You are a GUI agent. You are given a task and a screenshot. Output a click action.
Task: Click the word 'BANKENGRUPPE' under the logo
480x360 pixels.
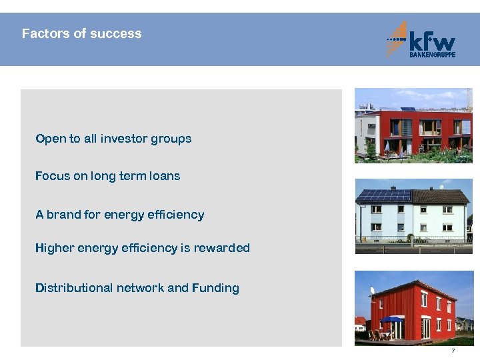(x=431, y=55)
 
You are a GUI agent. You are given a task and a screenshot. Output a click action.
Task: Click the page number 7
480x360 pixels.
(x=453, y=351)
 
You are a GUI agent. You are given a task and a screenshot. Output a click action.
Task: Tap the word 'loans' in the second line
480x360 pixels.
(x=164, y=176)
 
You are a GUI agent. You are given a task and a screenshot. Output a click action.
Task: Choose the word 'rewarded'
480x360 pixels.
(x=225, y=248)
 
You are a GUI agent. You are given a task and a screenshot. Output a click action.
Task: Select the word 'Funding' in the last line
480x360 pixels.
(x=215, y=288)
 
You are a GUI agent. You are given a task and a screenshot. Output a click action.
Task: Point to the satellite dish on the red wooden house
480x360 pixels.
(x=372, y=291)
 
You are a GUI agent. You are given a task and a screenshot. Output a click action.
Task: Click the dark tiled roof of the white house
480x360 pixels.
(x=441, y=196)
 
